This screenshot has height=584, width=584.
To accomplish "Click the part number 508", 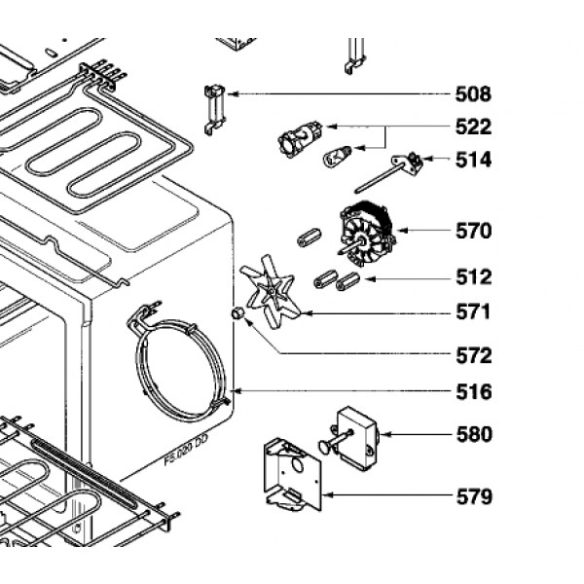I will [474, 95].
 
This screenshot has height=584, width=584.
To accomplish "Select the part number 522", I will [474, 128].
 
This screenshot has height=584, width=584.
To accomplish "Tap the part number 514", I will [474, 160].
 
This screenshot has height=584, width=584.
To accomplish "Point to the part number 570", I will [474, 232].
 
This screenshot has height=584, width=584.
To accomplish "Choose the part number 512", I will [474, 278].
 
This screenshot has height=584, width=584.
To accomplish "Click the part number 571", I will [474, 313].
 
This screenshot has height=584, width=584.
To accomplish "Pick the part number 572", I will [474, 355].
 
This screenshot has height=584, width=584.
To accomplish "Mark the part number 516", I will [474, 392].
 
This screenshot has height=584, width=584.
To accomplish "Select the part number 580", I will [474, 434].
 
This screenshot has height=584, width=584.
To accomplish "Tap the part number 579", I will [474, 497].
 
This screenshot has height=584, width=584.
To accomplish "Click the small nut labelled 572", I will [236, 313].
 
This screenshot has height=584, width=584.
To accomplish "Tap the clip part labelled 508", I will [213, 107].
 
